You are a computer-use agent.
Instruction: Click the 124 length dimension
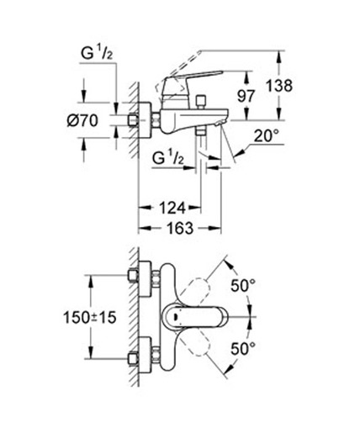click(167, 207)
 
